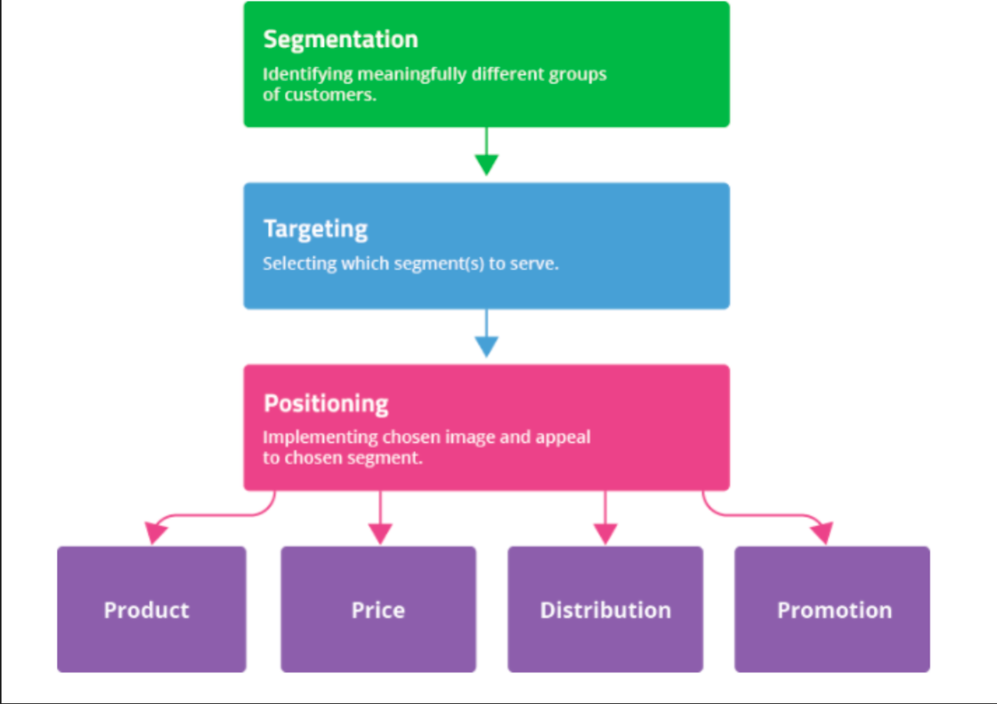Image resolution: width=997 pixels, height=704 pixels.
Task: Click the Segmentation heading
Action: tap(340, 40)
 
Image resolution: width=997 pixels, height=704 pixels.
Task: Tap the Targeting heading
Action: tap(315, 229)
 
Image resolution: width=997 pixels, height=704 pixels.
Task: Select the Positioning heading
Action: tap(326, 404)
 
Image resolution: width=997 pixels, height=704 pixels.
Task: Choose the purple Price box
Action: tap(378, 609)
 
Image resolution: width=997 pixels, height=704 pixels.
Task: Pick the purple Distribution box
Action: tap(605, 609)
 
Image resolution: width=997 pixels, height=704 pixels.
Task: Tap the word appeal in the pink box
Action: tap(563, 438)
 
